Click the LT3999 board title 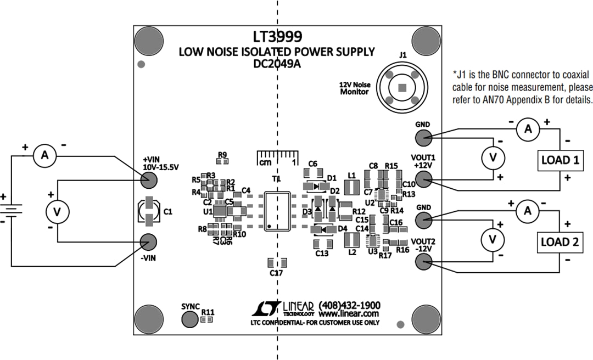click(x=277, y=37)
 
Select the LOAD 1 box click(x=559, y=160)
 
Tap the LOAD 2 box click(x=559, y=242)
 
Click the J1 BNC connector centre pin click(x=402, y=87)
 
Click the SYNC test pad click(x=191, y=318)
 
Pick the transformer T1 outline click(x=277, y=211)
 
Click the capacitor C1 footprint click(x=149, y=212)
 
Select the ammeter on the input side click(x=45, y=157)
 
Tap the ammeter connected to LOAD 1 click(x=528, y=129)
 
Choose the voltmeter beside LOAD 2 click(x=493, y=239)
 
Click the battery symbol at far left click(x=12, y=211)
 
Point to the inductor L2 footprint click(x=351, y=240)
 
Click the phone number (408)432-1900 click(x=349, y=305)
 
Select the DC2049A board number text click(x=277, y=63)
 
